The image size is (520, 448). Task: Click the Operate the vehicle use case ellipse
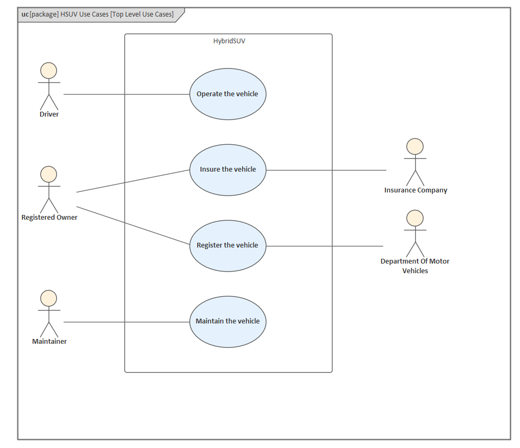(228, 94)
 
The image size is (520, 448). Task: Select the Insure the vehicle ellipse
(228, 169)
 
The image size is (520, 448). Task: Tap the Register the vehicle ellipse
(228, 245)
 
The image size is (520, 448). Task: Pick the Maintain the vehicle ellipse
(228, 321)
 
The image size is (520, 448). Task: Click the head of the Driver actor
(49, 71)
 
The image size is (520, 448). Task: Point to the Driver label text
(49, 114)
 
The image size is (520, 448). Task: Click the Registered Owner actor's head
(49, 174)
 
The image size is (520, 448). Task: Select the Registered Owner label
(49, 218)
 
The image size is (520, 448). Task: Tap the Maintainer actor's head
(49, 298)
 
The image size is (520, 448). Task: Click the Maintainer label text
(49, 342)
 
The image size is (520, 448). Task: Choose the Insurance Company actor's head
(415, 146)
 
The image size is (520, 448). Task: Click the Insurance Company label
(415, 190)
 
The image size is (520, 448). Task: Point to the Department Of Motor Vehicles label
(415, 266)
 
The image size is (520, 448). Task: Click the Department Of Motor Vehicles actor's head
(415, 218)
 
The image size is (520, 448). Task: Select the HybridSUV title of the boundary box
(229, 41)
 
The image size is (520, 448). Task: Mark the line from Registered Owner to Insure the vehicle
(134, 181)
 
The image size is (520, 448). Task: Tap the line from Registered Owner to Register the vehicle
(134, 226)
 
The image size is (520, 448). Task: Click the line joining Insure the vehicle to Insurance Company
(326, 171)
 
